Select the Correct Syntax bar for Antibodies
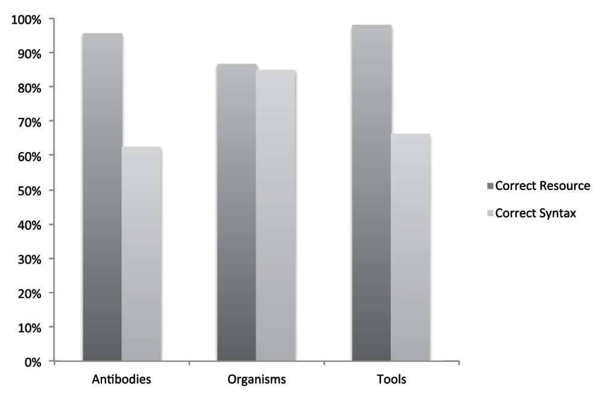141,254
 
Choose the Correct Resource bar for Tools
371,193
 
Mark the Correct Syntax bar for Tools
411,247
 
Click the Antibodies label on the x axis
121,380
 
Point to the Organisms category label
256,380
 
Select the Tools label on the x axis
391,380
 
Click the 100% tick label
26,19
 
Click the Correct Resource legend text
542,186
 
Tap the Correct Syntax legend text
536,213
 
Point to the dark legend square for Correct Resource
490,186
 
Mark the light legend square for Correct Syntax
490,213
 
